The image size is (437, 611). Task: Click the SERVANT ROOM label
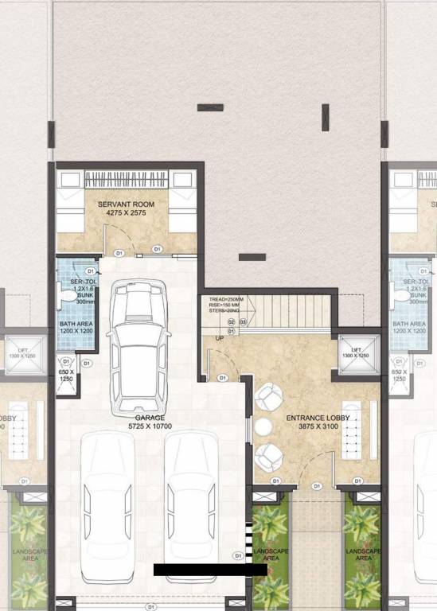[x=126, y=204]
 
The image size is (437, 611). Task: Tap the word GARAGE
[x=150, y=417]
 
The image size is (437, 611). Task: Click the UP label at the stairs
[x=220, y=339]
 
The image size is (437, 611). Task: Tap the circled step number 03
[x=242, y=321]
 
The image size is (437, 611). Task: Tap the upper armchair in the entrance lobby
[x=268, y=397]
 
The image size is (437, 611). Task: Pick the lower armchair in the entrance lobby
[x=268, y=457]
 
